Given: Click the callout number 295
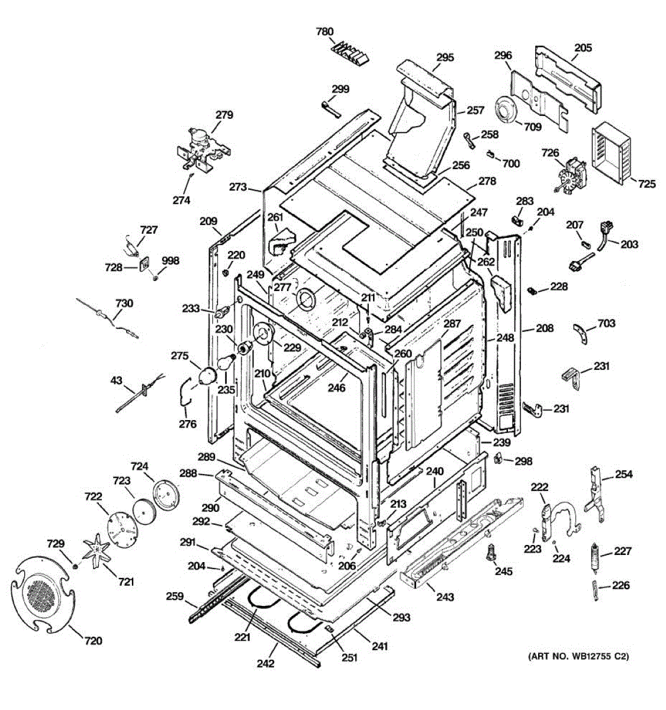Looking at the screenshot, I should pyautogui.click(x=445, y=57).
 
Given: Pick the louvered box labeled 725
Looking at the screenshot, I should pyautogui.click(x=612, y=153).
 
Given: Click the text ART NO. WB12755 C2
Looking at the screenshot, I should pyautogui.click(x=577, y=656).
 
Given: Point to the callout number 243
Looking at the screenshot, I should pyautogui.click(x=445, y=597).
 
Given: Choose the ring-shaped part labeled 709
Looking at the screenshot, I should pyautogui.click(x=505, y=112).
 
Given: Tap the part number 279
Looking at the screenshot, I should pyautogui.click(x=224, y=115).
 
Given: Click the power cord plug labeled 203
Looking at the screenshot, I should pyautogui.click(x=605, y=228).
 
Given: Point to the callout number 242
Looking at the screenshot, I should pyautogui.click(x=266, y=663).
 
